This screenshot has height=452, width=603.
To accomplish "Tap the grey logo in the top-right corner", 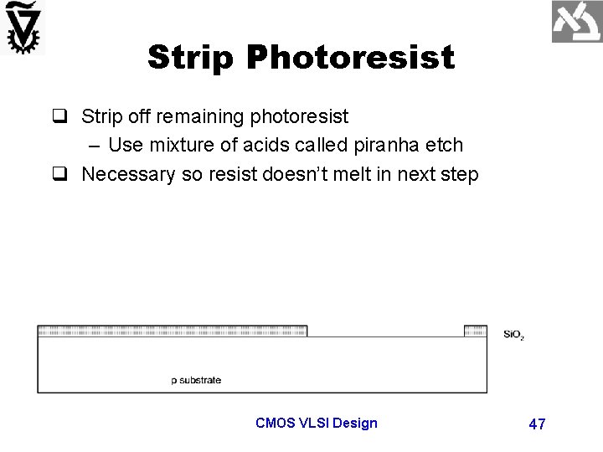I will click(575, 23).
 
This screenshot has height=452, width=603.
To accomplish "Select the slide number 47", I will click(537, 424).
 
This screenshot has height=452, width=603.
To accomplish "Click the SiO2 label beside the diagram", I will click(513, 335).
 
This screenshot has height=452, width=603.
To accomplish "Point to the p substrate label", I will click(196, 380).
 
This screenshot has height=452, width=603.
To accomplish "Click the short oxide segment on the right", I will click(475, 331).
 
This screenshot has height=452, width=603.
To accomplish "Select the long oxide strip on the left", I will click(173, 331).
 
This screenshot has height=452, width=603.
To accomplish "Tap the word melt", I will click(364, 175).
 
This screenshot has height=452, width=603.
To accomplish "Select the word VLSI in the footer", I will click(314, 423).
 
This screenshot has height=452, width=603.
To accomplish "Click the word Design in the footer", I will click(355, 423).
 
